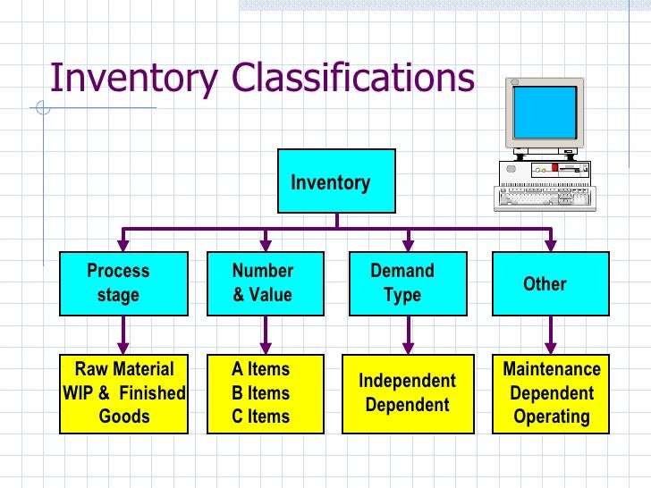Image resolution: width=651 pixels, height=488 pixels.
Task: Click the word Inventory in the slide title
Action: pyautogui.click(x=133, y=79)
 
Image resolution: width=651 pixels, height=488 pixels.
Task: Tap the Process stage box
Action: pyautogui.click(x=124, y=283)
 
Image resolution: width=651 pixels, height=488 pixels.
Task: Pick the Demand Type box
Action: pyautogui.click(x=408, y=283)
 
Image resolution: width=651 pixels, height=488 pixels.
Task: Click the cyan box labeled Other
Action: pyautogui.click(x=550, y=283)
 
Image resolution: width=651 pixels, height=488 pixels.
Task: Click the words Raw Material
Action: pyautogui.click(x=124, y=369)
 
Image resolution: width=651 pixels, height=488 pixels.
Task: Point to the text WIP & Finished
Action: pyautogui.click(x=124, y=393)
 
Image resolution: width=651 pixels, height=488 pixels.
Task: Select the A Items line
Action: pyautogui.click(x=260, y=369)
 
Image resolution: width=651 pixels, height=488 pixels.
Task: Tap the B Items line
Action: pyautogui.click(x=260, y=393)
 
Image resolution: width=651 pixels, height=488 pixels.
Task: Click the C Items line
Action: pyautogui.click(x=260, y=416)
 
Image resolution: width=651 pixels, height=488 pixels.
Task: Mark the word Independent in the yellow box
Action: pyautogui.click(x=407, y=382)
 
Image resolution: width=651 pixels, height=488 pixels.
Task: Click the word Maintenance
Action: pyautogui.click(x=551, y=369)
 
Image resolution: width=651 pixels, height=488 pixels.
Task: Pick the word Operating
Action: pyautogui.click(x=551, y=416)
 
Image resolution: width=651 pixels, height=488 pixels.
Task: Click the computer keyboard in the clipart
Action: pyautogui.click(x=544, y=196)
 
